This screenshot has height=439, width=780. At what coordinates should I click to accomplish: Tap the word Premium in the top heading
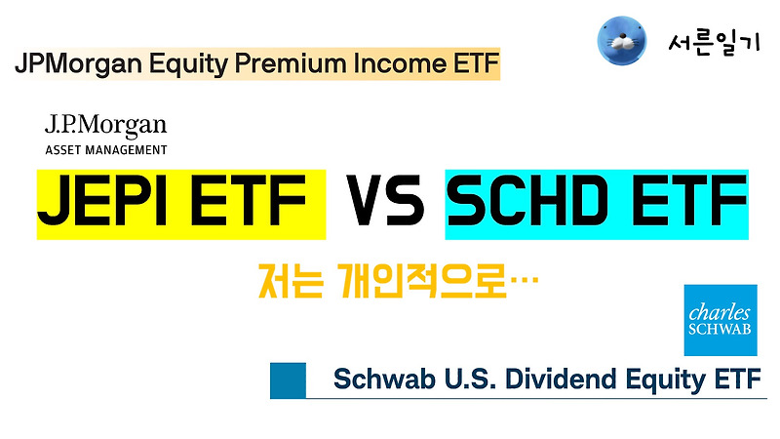[x=288, y=64]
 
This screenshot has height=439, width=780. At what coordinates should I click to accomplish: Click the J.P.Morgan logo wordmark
[x=105, y=125]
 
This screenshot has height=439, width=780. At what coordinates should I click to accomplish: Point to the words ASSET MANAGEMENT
[x=105, y=150]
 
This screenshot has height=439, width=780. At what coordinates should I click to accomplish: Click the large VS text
[x=385, y=202]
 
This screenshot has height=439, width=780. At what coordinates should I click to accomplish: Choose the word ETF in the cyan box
[x=682, y=202]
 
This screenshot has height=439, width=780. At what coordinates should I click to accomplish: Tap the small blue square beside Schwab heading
[x=288, y=379]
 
